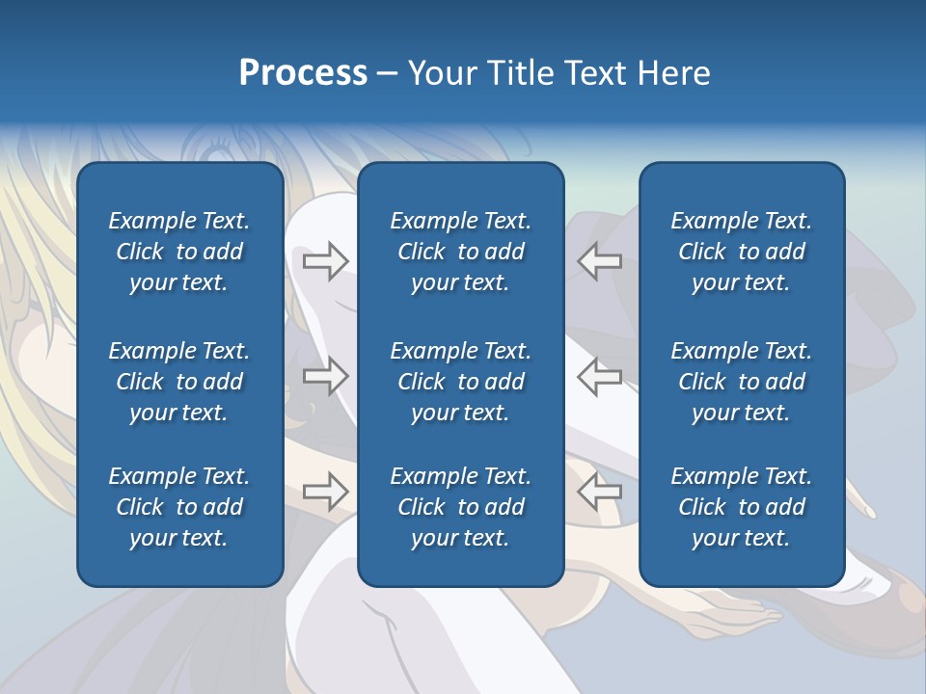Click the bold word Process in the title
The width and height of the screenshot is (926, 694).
click(303, 73)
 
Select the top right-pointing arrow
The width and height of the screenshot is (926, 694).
click(325, 260)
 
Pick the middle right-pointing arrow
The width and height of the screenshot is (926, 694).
click(325, 376)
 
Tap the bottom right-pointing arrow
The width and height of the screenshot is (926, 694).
click(325, 492)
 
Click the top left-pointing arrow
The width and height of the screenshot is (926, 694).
click(600, 260)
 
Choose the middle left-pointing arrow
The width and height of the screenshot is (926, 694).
click(600, 376)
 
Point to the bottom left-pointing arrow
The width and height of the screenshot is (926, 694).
click(600, 492)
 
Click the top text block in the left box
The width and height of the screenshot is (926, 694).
click(179, 252)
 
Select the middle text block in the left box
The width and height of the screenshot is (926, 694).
click(179, 382)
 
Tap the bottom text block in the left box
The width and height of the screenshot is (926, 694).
click(179, 507)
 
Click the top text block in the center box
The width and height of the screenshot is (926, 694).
click(460, 252)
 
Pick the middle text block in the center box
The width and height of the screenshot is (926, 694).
click(460, 382)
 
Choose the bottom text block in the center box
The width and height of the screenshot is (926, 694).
click(460, 507)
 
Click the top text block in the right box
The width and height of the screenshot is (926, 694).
click(741, 252)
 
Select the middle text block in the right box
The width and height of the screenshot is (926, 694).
click(741, 382)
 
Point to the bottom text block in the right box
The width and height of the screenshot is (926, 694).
click(741, 507)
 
